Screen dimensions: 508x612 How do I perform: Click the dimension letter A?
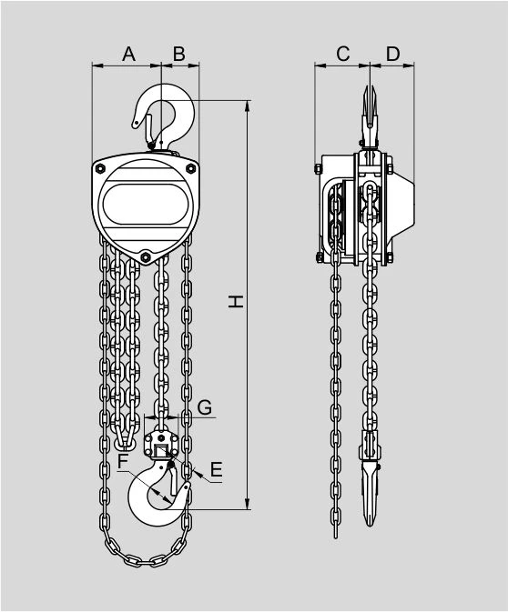tap(128, 54)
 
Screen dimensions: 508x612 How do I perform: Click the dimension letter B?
tap(179, 54)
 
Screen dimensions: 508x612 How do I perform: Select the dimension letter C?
tap(342, 54)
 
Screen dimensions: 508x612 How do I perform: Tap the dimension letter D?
tap(393, 54)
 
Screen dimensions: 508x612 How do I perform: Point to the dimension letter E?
tap(216, 469)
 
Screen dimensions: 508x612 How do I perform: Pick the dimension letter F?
tap(123, 462)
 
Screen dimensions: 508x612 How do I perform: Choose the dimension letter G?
tap(204, 407)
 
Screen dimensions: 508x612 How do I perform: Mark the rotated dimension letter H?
tap(236, 302)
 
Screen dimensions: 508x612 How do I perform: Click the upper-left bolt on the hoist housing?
tap(100, 168)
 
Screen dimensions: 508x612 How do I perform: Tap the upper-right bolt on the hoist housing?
tap(190, 168)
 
